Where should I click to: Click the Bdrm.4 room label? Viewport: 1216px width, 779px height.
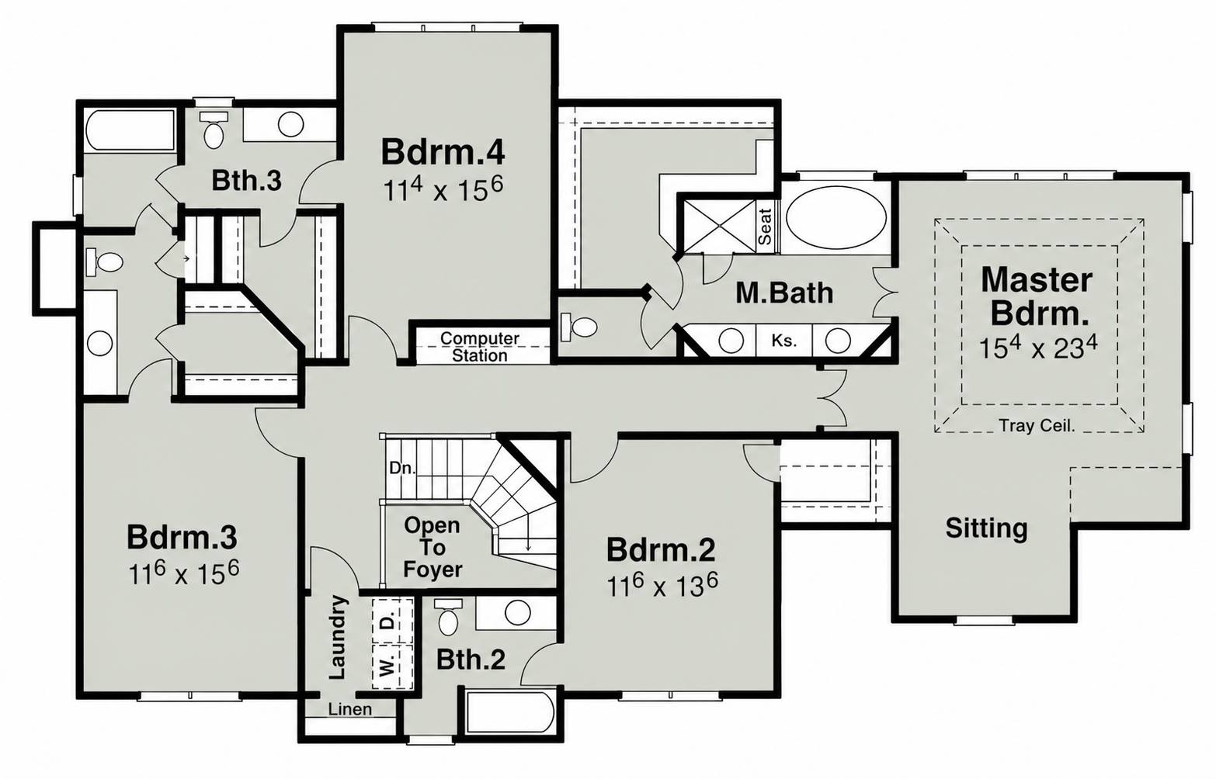(443, 152)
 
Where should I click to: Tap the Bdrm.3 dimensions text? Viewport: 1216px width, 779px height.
(184, 573)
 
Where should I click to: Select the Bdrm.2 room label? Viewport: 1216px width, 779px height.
(661, 549)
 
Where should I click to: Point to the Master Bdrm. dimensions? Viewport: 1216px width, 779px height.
(1038, 348)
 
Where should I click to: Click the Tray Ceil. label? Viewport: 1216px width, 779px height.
(1037, 426)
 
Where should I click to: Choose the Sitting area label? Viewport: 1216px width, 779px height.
(986, 528)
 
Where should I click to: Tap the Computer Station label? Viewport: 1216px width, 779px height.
(479, 347)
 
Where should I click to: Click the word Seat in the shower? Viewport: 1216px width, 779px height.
(765, 227)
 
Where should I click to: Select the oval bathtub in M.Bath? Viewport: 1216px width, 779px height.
(836, 218)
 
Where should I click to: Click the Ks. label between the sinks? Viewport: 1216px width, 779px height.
(784, 341)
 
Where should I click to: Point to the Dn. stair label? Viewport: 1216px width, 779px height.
(402, 468)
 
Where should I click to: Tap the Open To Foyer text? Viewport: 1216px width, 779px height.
(433, 547)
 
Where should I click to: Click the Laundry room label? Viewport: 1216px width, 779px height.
(338, 637)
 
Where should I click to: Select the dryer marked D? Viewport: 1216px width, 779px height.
(392, 621)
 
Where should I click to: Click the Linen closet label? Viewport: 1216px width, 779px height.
(350, 709)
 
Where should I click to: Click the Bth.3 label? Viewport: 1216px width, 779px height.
(246, 181)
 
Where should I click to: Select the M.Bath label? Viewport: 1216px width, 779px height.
(784, 293)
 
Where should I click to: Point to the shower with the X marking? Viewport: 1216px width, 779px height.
(719, 227)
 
